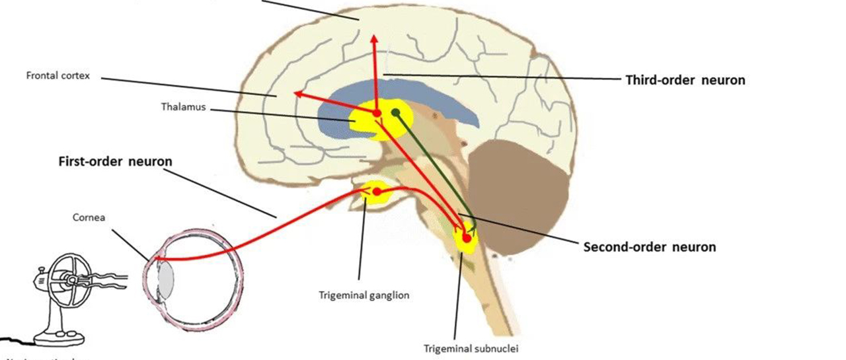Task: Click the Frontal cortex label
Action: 58,76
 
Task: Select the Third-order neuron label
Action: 685,80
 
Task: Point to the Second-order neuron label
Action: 649,247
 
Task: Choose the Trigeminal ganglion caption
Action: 364,295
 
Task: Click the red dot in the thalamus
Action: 377,114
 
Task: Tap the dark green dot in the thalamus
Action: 395,113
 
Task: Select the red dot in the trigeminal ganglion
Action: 377,192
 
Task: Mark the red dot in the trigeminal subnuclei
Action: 467,238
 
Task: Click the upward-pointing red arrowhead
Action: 373,38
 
